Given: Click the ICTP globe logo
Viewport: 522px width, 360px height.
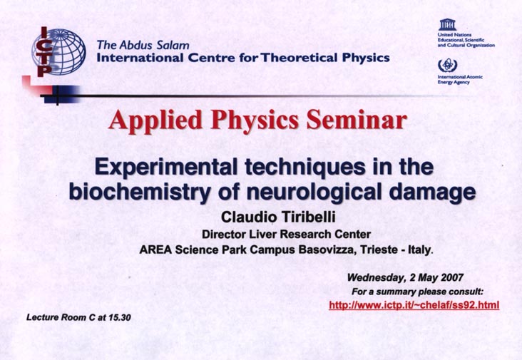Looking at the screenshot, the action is (x=58, y=51).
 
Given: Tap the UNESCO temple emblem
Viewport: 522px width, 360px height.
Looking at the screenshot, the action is (x=447, y=24).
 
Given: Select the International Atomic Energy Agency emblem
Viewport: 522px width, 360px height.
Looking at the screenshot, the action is (x=447, y=65).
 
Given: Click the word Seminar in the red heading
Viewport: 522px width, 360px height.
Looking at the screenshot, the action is (x=357, y=120).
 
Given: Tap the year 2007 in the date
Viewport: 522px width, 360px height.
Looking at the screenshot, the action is (x=451, y=277).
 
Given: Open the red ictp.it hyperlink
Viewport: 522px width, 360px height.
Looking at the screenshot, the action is (x=414, y=305).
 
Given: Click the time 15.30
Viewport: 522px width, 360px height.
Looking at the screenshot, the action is (x=120, y=317).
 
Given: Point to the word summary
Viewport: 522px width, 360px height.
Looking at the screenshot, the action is (x=396, y=292).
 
